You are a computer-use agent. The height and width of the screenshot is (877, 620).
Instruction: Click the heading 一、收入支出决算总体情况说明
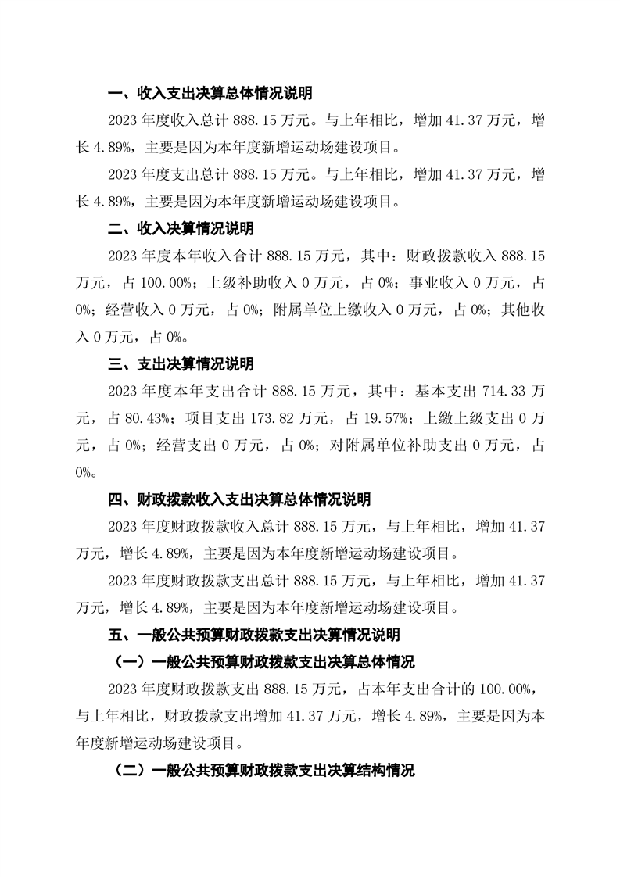point(210,94)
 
